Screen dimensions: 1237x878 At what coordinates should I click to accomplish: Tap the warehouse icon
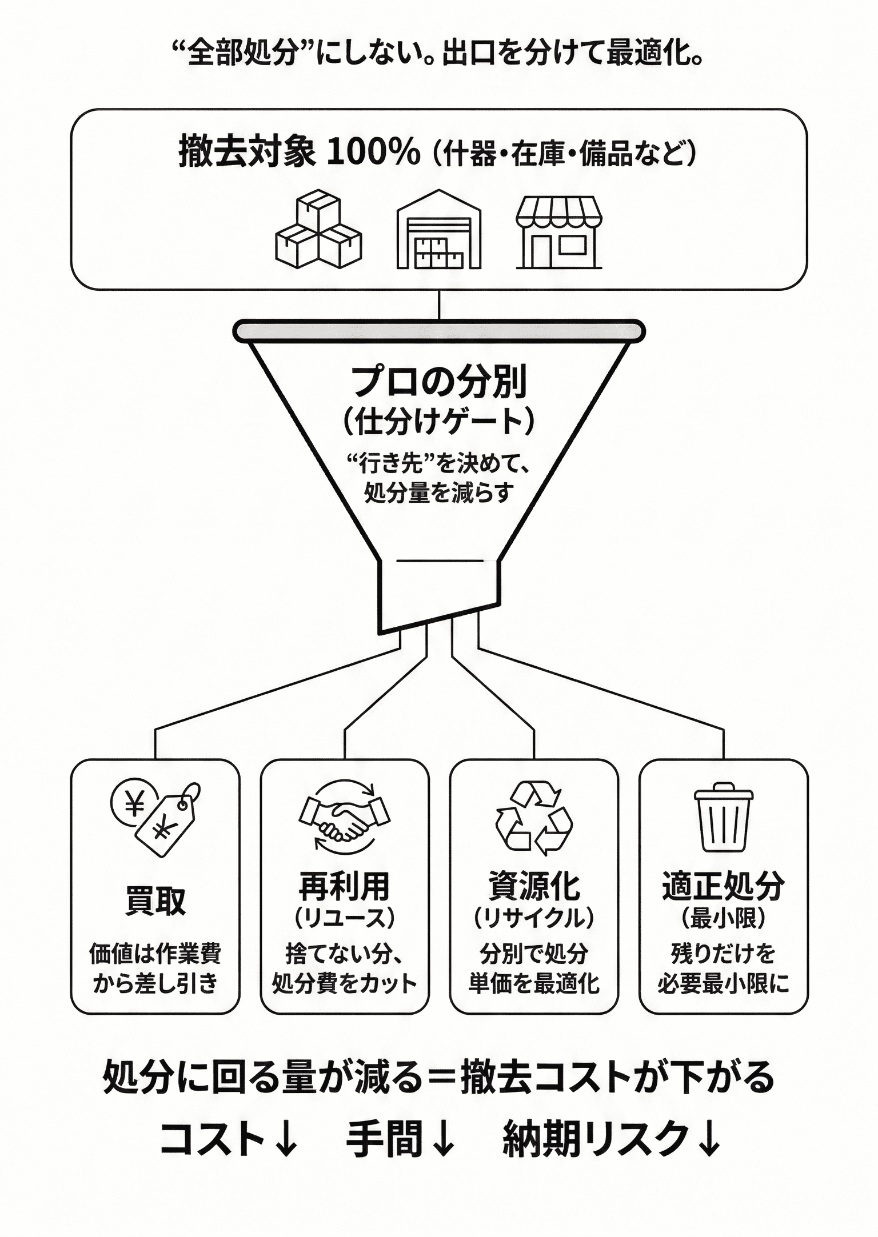click(x=438, y=230)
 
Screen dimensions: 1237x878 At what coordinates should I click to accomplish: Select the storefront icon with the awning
click(x=559, y=233)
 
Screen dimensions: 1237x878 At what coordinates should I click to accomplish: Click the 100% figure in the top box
click(x=373, y=153)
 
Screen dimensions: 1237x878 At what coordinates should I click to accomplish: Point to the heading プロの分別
click(x=438, y=382)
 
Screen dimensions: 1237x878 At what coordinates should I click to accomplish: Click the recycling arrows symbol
click(x=533, y=818)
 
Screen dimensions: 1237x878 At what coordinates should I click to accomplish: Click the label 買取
click(x=155, y=901)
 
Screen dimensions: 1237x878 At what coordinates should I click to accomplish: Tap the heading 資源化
click(x=533, y=886)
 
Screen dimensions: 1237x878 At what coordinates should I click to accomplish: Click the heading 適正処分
click(x=723, y=886)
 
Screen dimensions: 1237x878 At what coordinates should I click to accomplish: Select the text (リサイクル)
click(x=533, y=918)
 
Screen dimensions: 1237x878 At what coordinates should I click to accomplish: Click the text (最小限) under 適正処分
click(x=723, y=918)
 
